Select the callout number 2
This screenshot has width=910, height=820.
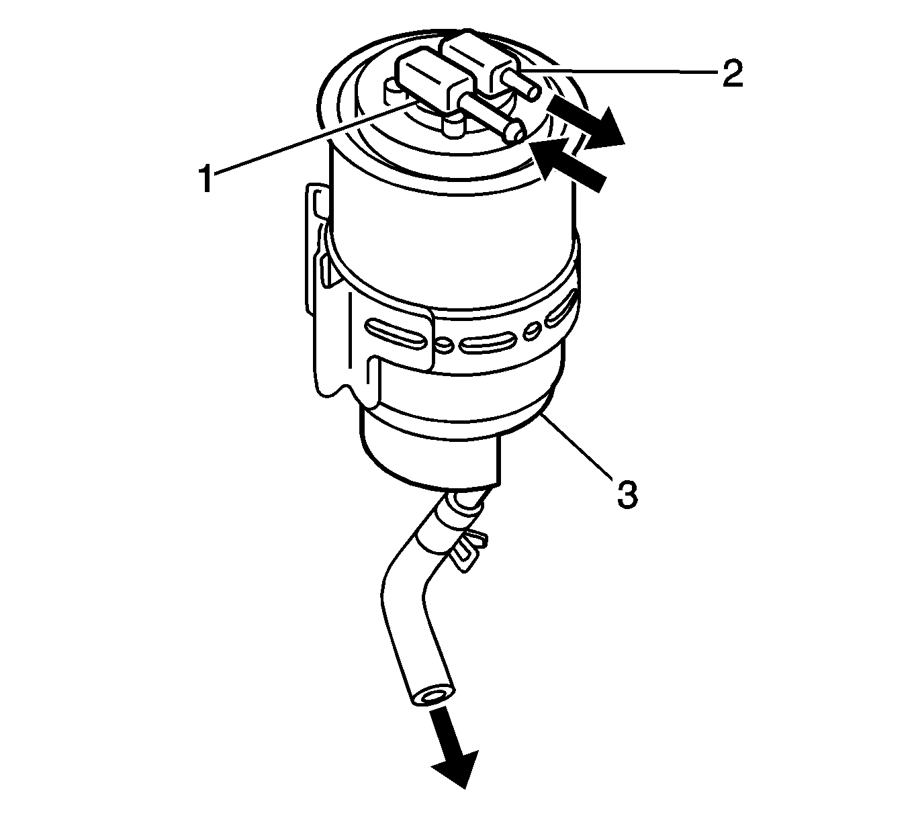(731, 74)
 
